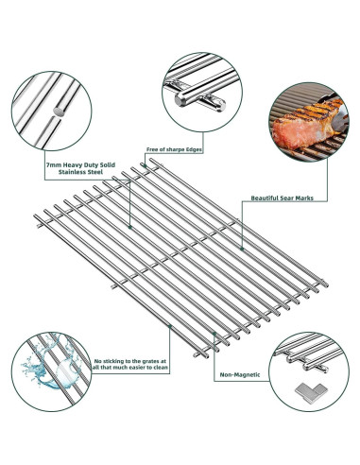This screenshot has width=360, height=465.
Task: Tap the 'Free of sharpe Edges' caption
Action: pyautogui.click(x=174, y=149)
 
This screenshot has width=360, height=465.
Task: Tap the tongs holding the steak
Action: pyautogui.click(x=325, y=118)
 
